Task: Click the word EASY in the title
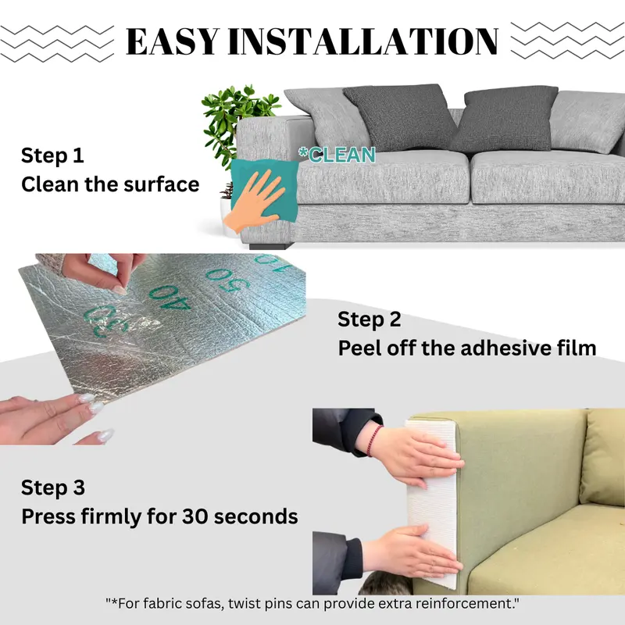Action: (x=173, y=41)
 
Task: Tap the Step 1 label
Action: (x=52, y=155)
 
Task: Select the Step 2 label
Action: (x=369, y=320)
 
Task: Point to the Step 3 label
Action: (x=53, y=487)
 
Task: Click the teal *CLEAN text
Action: (x=337, y=155)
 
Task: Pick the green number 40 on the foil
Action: (x=170, y=299)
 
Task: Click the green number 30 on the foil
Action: (x=107, y=321)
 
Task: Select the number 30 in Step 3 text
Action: (x=195, y=516)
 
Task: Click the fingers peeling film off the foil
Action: (x=105, y=270)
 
